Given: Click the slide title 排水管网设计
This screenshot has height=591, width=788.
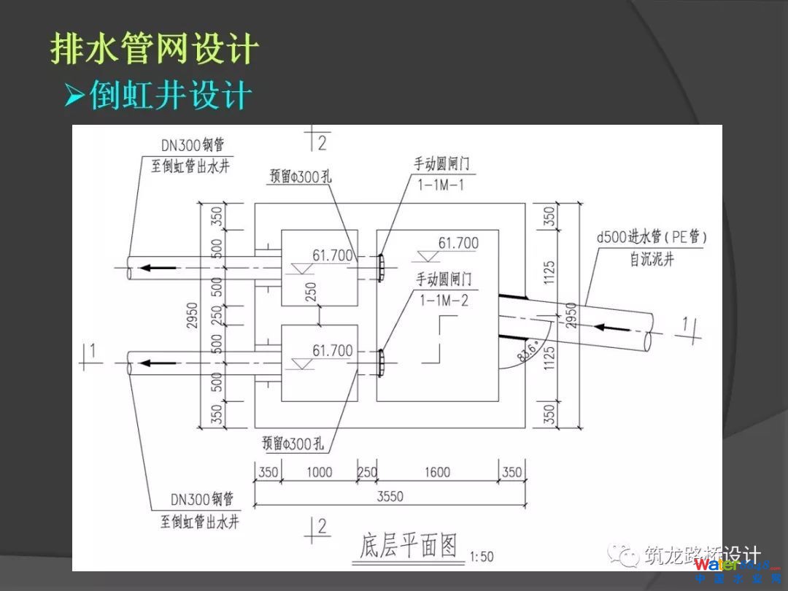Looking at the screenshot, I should click(x=155, y=48).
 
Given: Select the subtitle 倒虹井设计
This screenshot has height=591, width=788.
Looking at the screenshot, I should click(x=170, y=95).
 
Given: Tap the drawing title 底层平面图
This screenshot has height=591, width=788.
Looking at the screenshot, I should click(x=409, y=545).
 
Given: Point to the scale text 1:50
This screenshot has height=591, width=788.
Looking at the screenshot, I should click(x=482, y=557).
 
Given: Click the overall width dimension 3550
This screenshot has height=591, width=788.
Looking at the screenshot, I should click(x=390, y=497).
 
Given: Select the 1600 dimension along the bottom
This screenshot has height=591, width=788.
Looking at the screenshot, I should click(x=437, y=472).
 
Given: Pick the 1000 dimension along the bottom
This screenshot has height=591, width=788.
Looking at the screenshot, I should click(x=319, y=472).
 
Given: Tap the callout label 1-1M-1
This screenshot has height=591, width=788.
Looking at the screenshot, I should click(x=441, y=184).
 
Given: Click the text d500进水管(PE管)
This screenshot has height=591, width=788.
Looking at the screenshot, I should click(x=652, y=237).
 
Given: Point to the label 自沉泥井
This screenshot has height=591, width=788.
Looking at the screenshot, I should click(x=652, y=259).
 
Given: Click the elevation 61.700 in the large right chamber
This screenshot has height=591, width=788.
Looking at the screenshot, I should click(x=458, y=243).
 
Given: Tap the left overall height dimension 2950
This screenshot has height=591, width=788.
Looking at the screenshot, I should click(x=192, y=315).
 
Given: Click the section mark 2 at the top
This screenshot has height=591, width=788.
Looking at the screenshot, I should click(x=321, y=142).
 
